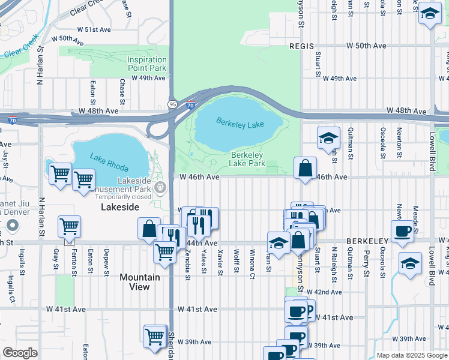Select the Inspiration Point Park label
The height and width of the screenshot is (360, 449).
pyautogui.click(x=146, y=64)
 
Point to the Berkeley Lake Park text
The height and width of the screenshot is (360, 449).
pyautogui.click(x=248, y=159)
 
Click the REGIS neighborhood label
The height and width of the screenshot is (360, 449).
pyautogui.click(x=301, y=46)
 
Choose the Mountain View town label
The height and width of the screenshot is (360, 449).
pyautogui.click(x=139, y=282)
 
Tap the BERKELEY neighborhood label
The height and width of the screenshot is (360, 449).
pyautogui.click(x=367, y=241)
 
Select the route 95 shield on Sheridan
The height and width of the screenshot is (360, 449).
pyautogui.click(x=172, y=104)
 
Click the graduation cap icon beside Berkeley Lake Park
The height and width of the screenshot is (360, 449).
pyautogui.click(x=328, y=139)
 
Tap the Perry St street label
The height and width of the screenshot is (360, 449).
pyautogui.click(x=366, y=264)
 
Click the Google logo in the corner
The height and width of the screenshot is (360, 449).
pyautogui.click(x=20, y=353)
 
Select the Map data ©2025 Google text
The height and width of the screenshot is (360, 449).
pyautogui.click(x=412, y=355)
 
